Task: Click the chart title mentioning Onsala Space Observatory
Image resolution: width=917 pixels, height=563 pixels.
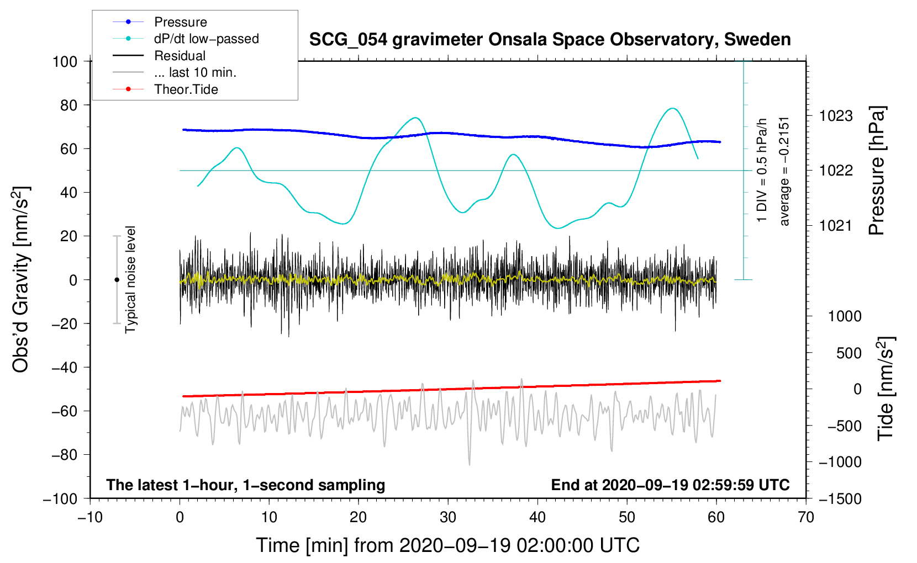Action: point(550,40)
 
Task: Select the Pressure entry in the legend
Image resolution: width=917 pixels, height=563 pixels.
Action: point(180,22)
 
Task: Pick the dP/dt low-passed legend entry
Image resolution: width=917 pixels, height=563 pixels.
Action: point(206,39)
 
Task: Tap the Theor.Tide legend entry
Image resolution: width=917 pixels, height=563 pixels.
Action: point(186,89)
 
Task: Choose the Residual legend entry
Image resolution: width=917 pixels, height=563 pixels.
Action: point(180,56)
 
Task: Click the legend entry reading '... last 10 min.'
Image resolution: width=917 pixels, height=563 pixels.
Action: point(195,72)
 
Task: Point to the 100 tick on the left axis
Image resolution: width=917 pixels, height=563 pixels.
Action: point(65,61)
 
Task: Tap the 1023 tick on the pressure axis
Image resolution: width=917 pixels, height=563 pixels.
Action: point(835,116)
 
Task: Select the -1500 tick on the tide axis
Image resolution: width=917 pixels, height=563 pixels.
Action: point(840,498)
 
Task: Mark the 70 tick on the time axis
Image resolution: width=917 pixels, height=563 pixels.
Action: point(806,517)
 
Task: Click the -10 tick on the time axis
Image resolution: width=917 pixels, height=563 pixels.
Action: point(90,517)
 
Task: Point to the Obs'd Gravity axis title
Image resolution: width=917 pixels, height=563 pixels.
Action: point(21,280)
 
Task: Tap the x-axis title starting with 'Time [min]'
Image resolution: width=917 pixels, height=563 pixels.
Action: point(447,545)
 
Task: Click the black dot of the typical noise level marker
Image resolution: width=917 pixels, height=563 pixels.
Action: point(117,280)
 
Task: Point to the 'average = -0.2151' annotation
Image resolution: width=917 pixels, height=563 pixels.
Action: point(784,171)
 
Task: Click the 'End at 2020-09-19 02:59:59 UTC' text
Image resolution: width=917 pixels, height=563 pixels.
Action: point(670,485)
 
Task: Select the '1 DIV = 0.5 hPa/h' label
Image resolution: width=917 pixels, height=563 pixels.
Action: point(762,171)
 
